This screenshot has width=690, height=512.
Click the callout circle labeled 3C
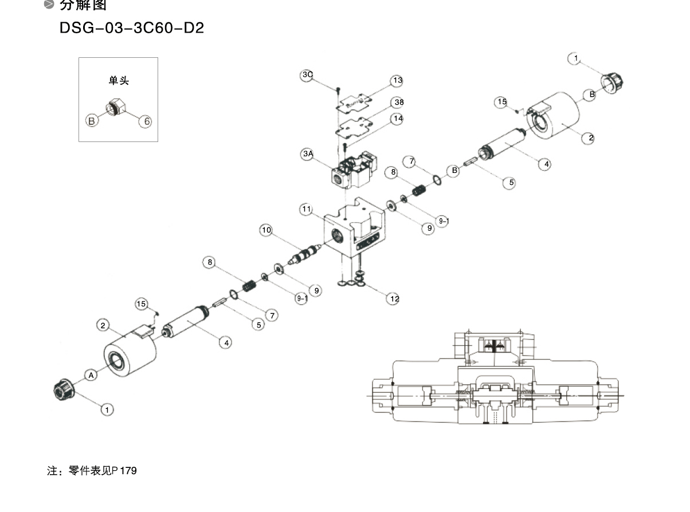[307, 75]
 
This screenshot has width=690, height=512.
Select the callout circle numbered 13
[397, 81]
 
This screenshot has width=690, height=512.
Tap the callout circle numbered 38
[397, 103]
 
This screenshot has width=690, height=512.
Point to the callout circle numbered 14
[397, 119]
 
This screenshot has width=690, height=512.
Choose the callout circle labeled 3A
[308, 153]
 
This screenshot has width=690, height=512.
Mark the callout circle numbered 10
[266, 230]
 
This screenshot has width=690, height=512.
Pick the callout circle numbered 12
[394, 298]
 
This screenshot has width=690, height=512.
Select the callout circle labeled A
[91, 375]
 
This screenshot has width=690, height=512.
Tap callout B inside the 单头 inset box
[91, 121]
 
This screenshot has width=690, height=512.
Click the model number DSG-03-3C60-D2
[132, 27]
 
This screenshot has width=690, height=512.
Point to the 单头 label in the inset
[119, 81]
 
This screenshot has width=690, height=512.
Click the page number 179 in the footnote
[128, 471]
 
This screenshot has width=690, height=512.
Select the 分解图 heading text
[84, 6]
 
